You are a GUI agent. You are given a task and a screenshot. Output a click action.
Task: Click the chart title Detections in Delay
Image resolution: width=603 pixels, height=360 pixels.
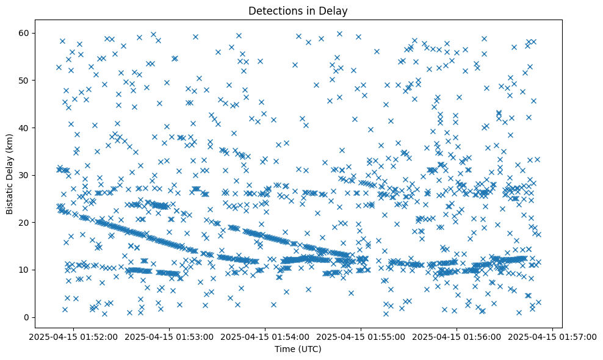[x=298, y=10]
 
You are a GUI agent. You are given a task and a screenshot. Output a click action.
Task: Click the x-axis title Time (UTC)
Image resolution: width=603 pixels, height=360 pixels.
[x=298, y=350]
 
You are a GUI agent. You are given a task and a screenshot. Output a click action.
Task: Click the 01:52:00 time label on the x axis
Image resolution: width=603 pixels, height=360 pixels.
[x=73, y=337]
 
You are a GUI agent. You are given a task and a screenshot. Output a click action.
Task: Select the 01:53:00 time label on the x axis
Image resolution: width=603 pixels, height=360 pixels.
[x=168, y=337]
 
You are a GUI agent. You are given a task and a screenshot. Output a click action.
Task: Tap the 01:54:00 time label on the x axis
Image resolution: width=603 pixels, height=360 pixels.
[x=265, y=337]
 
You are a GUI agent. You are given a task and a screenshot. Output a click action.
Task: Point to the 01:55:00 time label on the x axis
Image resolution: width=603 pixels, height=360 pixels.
[x=361, y=337]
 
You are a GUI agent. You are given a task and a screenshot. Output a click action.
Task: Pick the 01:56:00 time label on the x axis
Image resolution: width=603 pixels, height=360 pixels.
[x=457, y=337]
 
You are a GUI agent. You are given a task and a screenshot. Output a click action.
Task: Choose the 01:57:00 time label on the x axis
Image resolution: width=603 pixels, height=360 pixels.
[x=553, y=337]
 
